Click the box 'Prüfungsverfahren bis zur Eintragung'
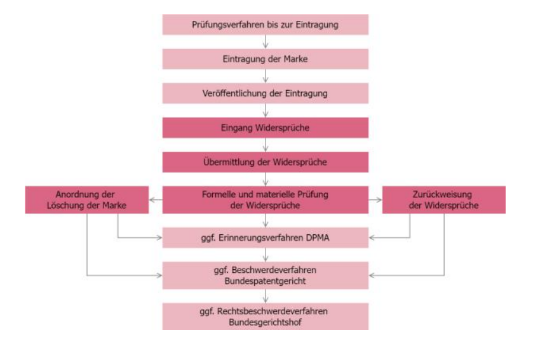266,25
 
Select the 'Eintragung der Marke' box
266,59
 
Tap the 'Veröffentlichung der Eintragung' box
266,93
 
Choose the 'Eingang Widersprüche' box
266,128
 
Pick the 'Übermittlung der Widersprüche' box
266,162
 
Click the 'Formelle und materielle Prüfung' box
266,200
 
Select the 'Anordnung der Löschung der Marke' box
86,200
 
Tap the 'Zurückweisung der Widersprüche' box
444,200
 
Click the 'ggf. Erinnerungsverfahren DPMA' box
266,237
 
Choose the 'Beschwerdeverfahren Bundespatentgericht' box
266,276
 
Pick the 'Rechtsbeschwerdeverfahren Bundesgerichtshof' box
266,317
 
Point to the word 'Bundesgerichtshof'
266,322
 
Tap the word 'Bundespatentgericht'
266,281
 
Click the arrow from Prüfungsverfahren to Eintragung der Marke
266,42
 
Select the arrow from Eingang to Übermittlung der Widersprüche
266,145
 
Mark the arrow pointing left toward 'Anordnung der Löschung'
156,200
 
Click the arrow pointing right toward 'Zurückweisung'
375,200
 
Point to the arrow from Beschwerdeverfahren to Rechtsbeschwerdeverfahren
266,296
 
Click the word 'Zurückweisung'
442,195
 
